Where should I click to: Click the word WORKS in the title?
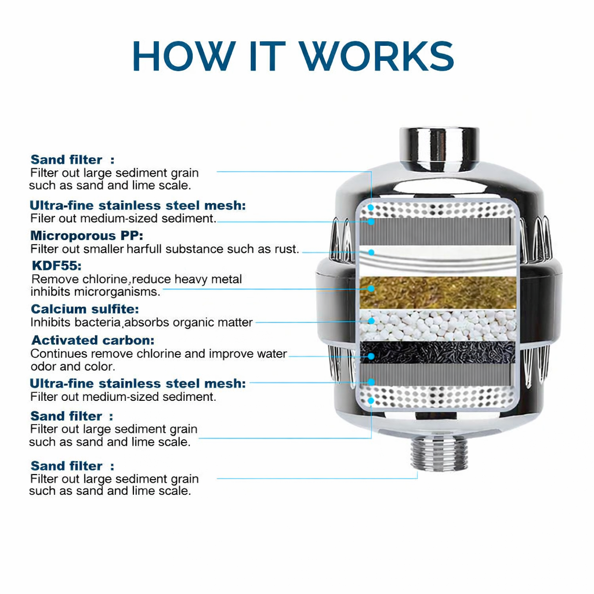click(x=377, y=56)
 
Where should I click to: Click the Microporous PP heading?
click(x=86, y=236)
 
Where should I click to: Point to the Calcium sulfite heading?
click(x=85, y=309)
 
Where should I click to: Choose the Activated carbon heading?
click(x=93, y=340)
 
